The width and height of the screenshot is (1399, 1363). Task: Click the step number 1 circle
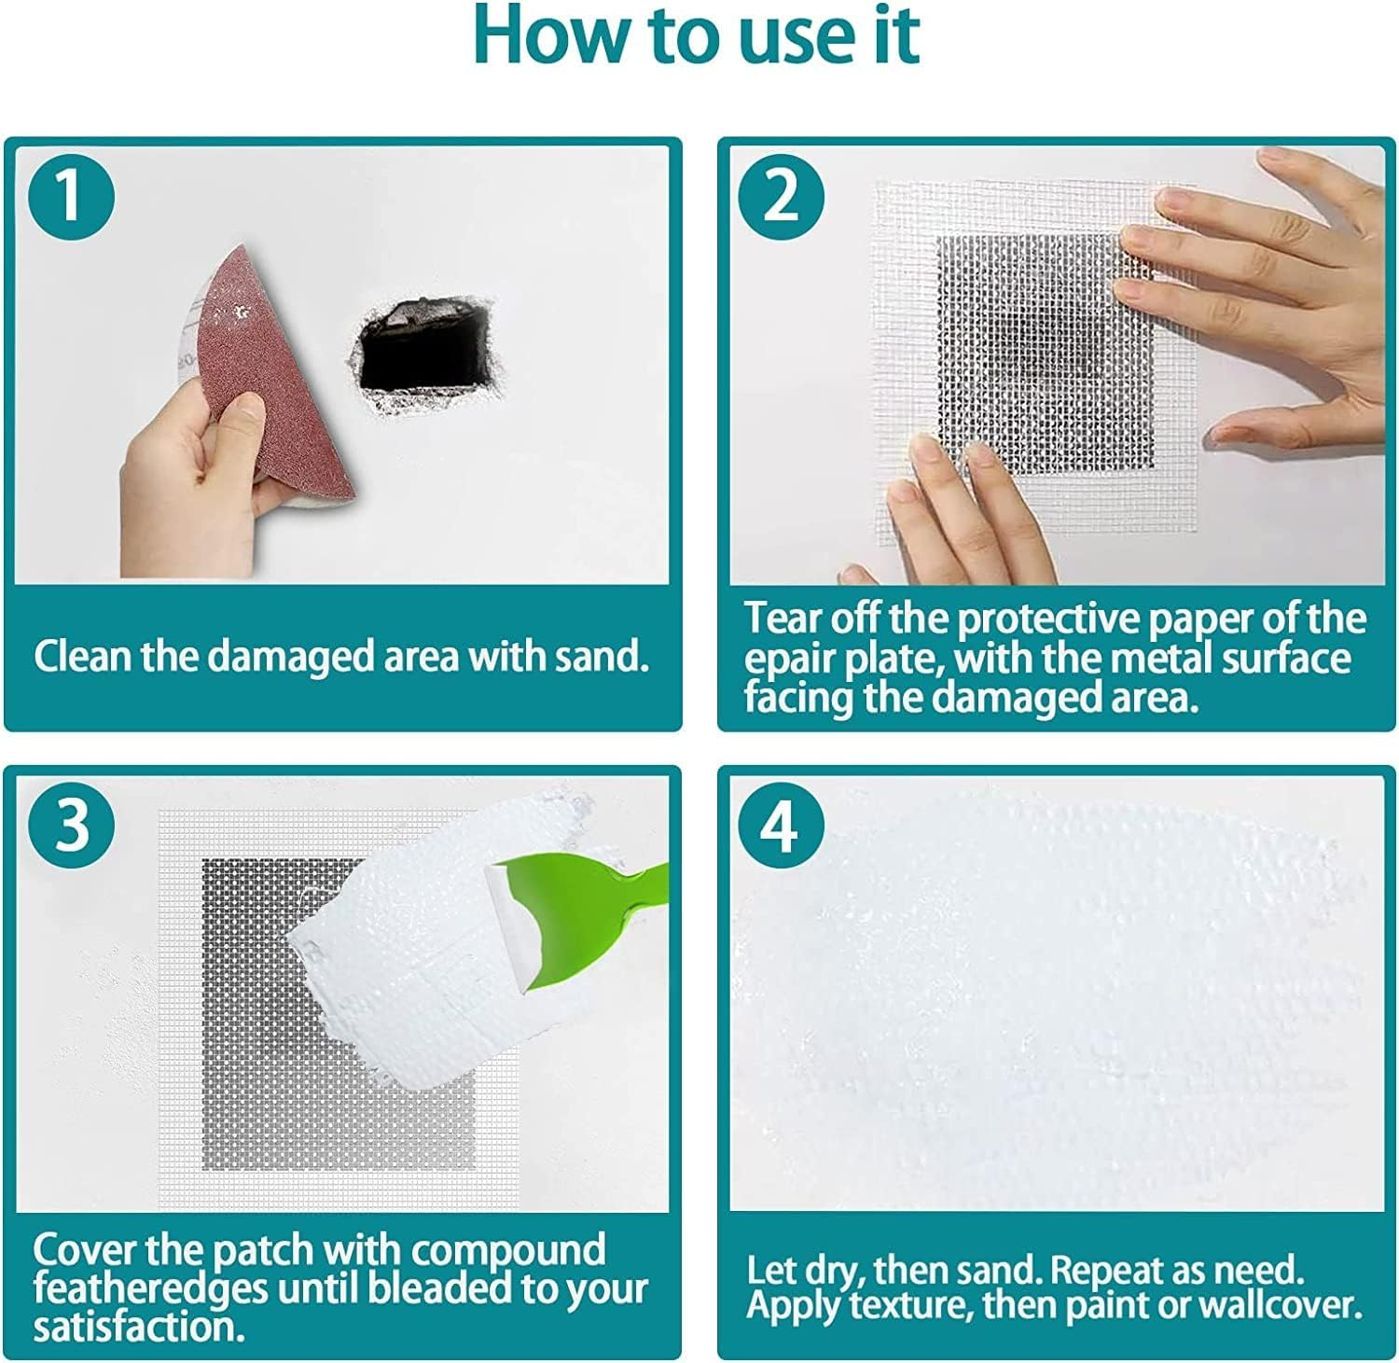71,198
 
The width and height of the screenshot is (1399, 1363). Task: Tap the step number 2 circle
782,198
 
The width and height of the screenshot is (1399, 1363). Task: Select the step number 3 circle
71,825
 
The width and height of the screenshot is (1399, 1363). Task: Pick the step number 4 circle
782,825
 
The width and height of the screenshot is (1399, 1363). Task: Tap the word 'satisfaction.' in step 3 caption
139,1328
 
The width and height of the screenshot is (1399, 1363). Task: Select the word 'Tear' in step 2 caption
782,619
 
